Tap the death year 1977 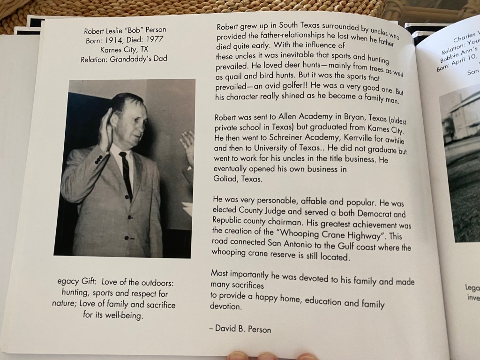tap(153, 40)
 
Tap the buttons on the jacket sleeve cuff tap(98, 158)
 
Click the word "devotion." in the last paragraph tap(225, 307)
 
